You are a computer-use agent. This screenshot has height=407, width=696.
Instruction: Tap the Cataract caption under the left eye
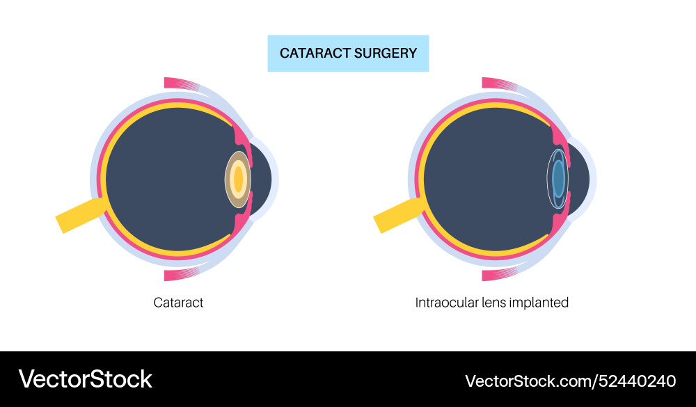coord(178,303)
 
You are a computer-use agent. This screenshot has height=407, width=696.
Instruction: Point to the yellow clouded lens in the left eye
coord(238,179)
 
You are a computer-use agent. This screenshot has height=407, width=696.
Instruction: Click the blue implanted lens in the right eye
coord(558,179)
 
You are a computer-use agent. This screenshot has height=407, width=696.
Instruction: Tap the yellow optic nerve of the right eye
coord(397,215)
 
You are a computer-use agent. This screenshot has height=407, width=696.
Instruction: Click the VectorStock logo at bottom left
coord(85,379)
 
